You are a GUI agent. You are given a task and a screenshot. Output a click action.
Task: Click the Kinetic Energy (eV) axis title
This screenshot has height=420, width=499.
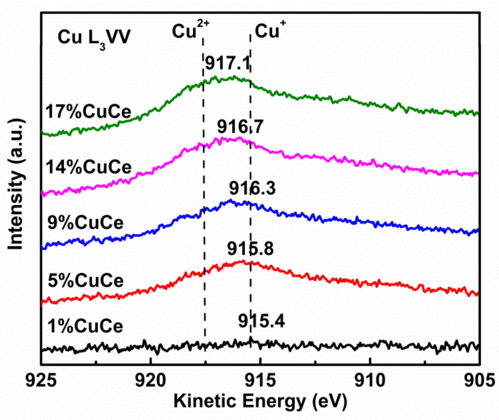click(260, 401)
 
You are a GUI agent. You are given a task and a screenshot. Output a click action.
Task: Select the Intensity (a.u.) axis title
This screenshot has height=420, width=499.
click(16, 184)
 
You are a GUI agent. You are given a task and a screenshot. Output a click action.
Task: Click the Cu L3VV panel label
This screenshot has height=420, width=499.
click(94, 38)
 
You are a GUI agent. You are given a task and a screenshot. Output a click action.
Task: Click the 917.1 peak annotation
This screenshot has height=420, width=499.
click(228, 63)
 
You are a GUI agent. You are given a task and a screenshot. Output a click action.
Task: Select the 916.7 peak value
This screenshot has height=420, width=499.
click(240, 127)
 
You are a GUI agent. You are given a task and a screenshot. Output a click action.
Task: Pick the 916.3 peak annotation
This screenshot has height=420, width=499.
click(252, 188)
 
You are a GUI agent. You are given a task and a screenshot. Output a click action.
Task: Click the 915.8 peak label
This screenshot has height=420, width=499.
click(250, 248)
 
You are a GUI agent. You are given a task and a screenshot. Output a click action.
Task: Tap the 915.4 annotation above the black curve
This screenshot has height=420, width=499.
click(261, 321)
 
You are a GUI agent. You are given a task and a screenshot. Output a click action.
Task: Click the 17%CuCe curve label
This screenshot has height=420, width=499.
click(88, 112)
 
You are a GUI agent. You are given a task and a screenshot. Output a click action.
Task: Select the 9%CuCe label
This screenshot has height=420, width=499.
click(85, 223)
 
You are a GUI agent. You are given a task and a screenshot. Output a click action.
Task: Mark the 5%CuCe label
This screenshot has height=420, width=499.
click(86, 281)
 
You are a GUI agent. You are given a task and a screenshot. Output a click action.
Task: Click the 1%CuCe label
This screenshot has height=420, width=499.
click(85, 326)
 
